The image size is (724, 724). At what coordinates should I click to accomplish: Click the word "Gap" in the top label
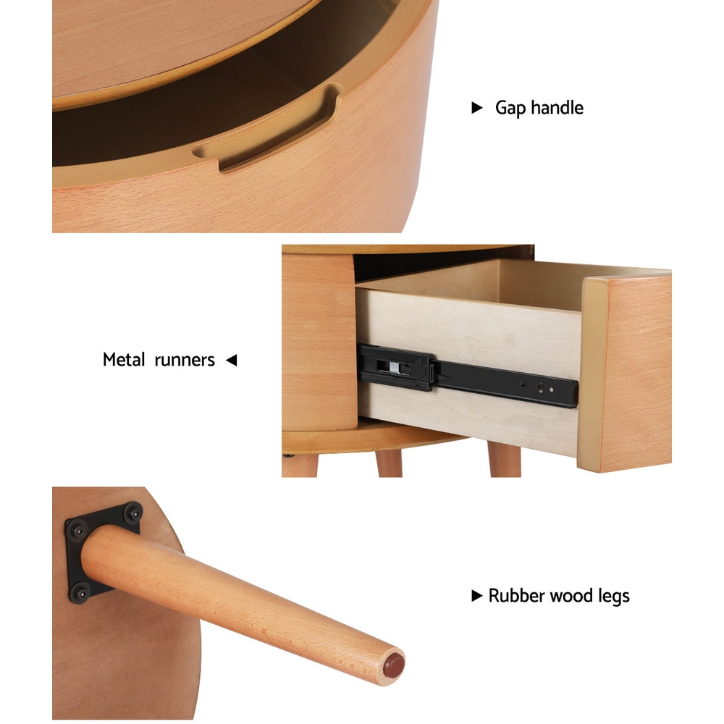click(511, 109)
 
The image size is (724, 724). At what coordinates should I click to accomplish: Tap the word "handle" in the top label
click(557, 108)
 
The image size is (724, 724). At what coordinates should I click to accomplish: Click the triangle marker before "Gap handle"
click(476, 108)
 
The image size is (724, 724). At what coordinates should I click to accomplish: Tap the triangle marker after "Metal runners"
click(231, 360)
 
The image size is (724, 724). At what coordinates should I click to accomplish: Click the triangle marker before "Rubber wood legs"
click(476, 597)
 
